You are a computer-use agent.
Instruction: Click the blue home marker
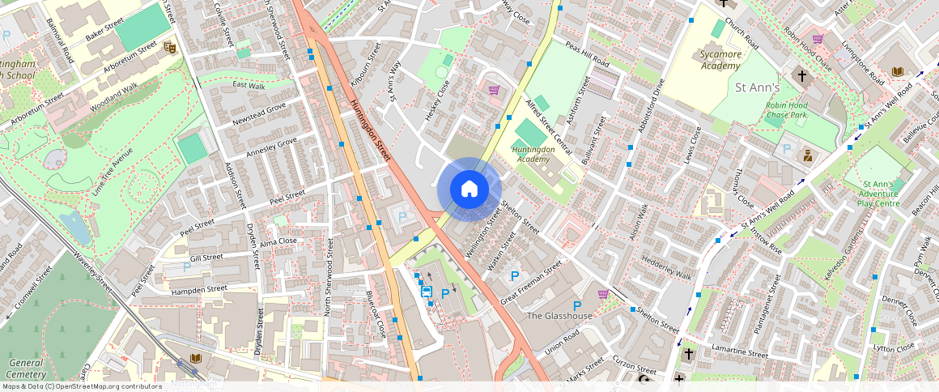(469, 190)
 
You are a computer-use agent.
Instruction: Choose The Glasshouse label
(559, 316)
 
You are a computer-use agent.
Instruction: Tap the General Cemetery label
(25, 369)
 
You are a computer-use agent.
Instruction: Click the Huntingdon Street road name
(372, 130)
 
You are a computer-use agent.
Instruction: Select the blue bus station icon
(427, 292)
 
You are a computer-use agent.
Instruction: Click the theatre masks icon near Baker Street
(169, 47)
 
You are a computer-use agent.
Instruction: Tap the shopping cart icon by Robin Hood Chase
(818, 39)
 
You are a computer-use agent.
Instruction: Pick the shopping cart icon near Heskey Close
(493, 90)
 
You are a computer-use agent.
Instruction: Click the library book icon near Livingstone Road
(897, 72)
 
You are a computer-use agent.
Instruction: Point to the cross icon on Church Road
(802, 76)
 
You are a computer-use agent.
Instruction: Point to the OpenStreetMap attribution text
(81, 386)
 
